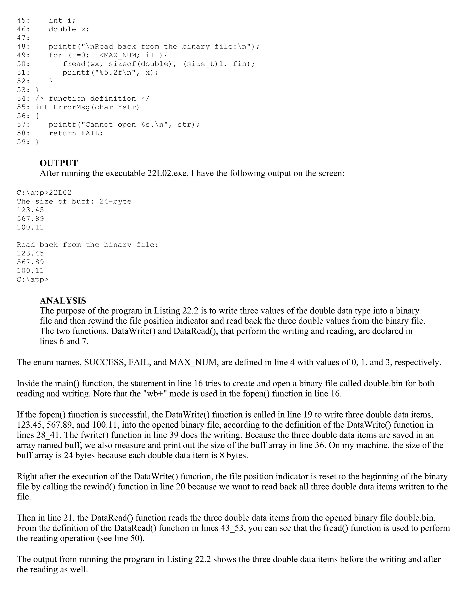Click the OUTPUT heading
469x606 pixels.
[59, 163]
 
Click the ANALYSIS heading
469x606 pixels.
[63, 300]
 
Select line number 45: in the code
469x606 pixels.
[23, 21]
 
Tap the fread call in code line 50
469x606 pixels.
[74, 64]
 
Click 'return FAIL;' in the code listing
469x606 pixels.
[76, 133]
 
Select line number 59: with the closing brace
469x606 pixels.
[23, 142]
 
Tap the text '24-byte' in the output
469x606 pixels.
[115, 201]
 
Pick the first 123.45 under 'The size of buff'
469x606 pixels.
[30, 210]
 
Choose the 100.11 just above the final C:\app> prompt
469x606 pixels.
[30, 271]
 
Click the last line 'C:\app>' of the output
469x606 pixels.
[33, 279]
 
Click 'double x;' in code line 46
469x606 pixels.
[69, 29]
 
